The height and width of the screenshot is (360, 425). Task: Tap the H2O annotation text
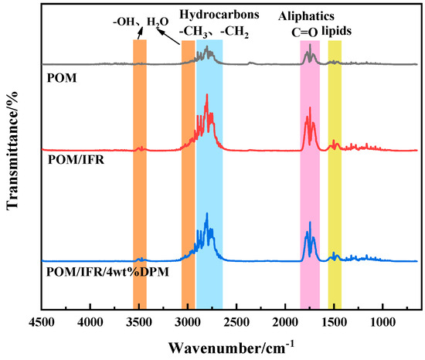pyautogui.click(x=158, y=21)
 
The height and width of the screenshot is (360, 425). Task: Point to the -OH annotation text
pyautogui.click(x=124, y=21)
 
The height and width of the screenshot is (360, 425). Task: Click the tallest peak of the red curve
pyautogui.click(x=207, y=96)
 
